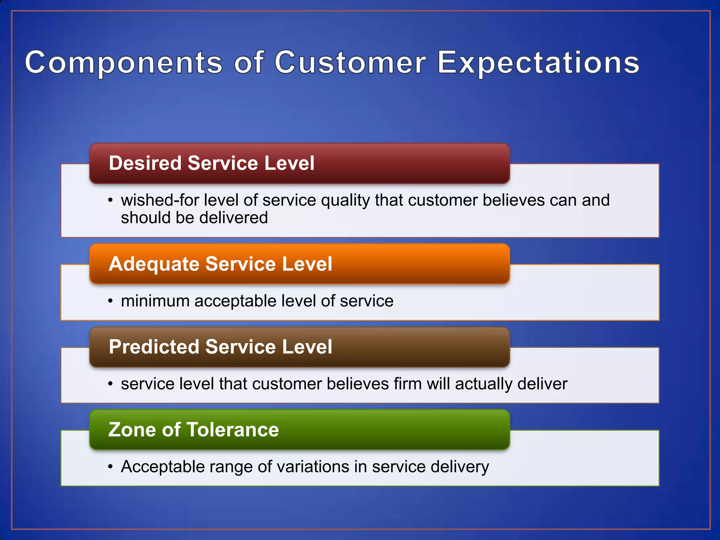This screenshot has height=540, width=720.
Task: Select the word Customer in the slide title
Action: (350, 63)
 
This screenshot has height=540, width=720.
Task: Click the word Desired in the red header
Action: (145, 163)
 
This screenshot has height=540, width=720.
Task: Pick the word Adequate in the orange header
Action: (154, 264)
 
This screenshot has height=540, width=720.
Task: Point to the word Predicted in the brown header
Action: (154, 347)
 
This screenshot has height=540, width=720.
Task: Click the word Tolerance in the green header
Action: (232, 430)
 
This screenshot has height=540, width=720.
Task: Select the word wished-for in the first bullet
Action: (160, 200)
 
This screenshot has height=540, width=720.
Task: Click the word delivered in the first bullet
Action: (233, 218)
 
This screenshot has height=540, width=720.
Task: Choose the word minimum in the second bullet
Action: (155, 301)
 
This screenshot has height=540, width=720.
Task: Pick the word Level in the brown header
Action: (307, 347)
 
